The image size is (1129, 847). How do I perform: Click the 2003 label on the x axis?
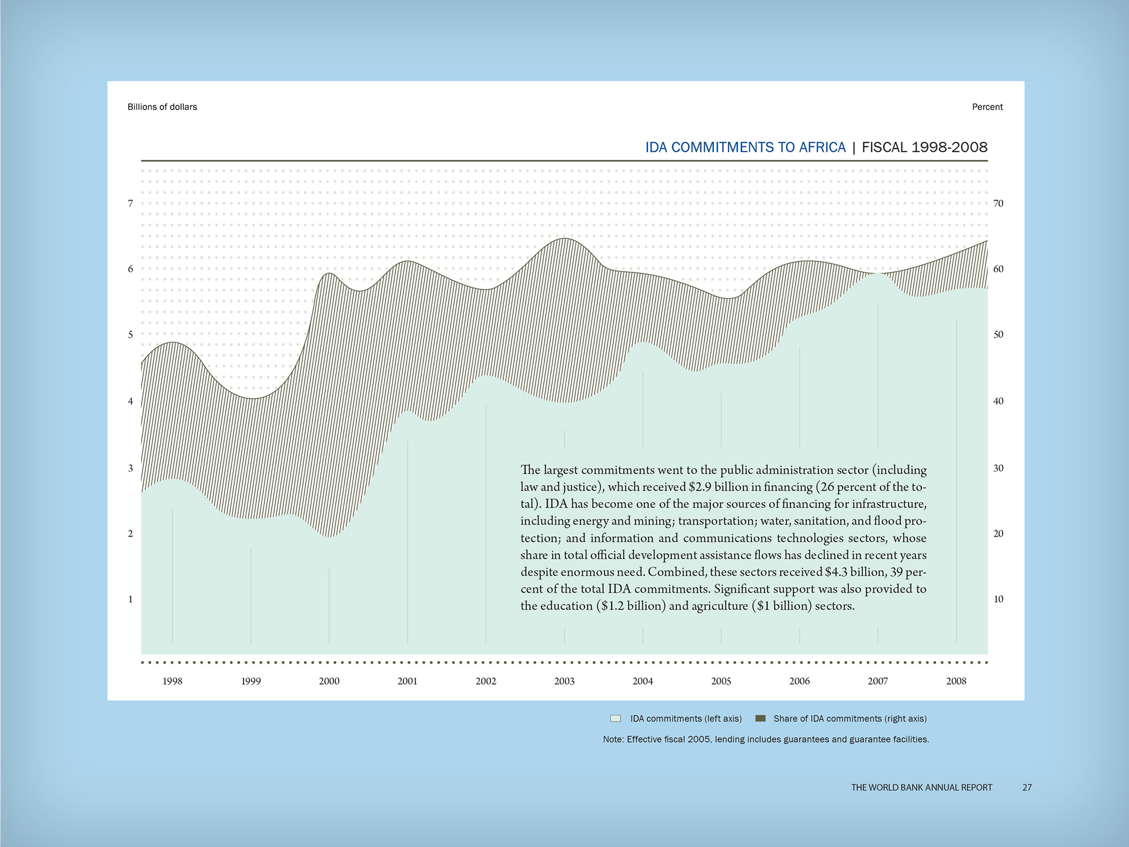pyautogui.click(x=564, y=681)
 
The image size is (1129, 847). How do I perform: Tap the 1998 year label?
pyautogui.click(x=172, y=681)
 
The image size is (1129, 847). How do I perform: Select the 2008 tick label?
pyautogui.click(x=956, y=681)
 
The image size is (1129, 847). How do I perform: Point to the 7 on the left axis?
pyautogui.click(x=131, y=204)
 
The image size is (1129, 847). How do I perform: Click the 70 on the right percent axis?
pyautogui.click(x=998, y=204)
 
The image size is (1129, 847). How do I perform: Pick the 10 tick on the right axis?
pyautogui.click(x=998, y=599)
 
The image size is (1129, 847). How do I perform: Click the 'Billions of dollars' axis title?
pyautogui.click(x=162, y=107)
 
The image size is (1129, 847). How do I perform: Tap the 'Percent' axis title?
pyautogui.click(x=987, y=107)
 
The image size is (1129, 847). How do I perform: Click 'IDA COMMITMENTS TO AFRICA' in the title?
pyautogui.click(x=745, y=147)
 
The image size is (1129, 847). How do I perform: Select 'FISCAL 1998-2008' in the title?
pyautogui.click(x=924, y=147)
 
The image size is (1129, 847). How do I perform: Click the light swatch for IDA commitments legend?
pyautogui.click(x=616, y=718)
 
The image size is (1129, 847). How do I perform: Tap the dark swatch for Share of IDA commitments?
pyautogui.click(x=760, y=718)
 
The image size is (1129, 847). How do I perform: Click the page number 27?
pyautogui.click(x=1027, y=788)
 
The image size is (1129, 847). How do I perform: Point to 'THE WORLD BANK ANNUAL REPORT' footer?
pyautogui.click(x=921, y=788)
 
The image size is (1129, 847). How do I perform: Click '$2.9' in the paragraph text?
pyautogui.click(x=700, y=487)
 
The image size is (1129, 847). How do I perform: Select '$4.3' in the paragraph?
pyautogui.click(x=837, y=572)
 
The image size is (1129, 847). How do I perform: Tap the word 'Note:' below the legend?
pyautogui.click(x=613, y=739)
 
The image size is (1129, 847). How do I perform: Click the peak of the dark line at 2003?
pyautogui.click(x=565, y=238)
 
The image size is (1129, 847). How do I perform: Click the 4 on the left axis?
pyautogui.click(x=131, y=401)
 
